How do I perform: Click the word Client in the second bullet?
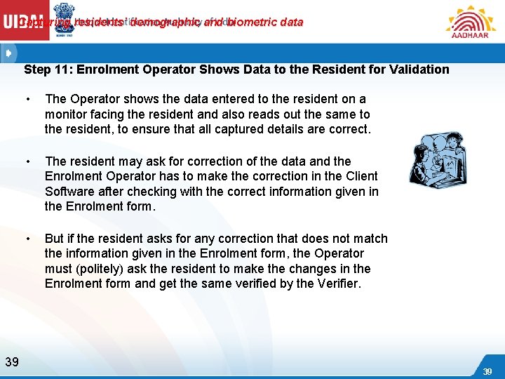[x=358, y=176]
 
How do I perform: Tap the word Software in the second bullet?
[x=69, y=192]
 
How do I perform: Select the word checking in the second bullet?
[x=139, y=192]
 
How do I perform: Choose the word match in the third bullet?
[x=370, y=238]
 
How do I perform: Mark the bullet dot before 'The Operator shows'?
[x=27, y=100]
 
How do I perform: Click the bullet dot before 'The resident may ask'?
[x=27, y=161]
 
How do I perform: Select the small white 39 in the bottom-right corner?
[x=487, y=371]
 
